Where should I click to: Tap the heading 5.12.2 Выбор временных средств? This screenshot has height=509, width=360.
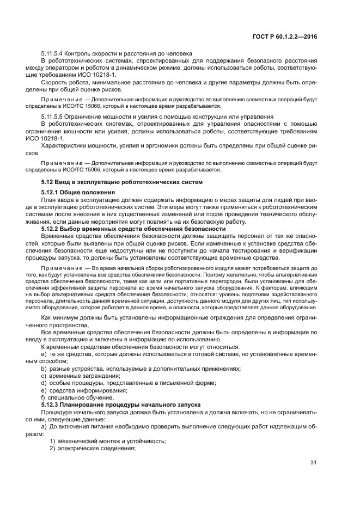[x=126, y=229]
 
